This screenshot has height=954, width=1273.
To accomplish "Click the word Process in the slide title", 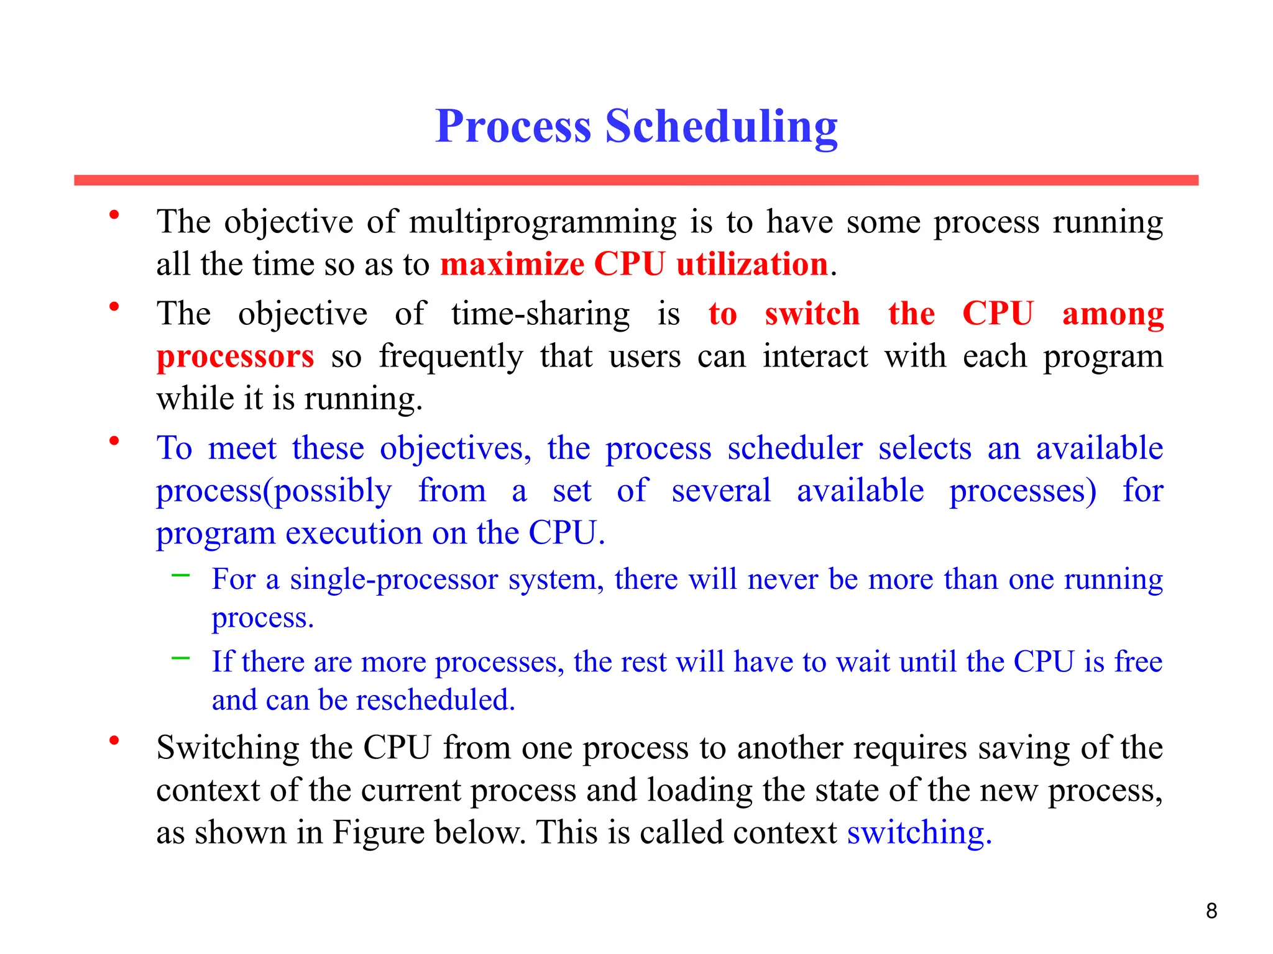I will coord(513,127).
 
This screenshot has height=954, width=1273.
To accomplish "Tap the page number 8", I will coord(1211,911).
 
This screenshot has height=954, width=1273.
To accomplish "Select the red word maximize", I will coord(512,265).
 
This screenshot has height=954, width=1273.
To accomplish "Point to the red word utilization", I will coord(752,265).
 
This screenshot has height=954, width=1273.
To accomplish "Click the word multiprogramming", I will coord(543,222).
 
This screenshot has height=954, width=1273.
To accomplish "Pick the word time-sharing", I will coord(540,314).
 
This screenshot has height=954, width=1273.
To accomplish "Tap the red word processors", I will coord(235,357).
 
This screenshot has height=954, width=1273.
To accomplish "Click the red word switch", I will coord(812,314).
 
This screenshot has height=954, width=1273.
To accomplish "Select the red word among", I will coord(1113,314).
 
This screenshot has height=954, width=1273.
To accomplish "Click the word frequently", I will coord(451,357).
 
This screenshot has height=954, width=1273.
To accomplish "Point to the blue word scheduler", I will coord(795,448).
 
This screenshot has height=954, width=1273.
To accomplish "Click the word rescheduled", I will coord(435,700).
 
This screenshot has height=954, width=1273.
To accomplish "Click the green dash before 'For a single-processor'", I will coord(180,576).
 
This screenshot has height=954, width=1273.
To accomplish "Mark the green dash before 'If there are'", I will coord(180,658).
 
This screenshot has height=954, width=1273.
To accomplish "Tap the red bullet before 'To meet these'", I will coord(114,441).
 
